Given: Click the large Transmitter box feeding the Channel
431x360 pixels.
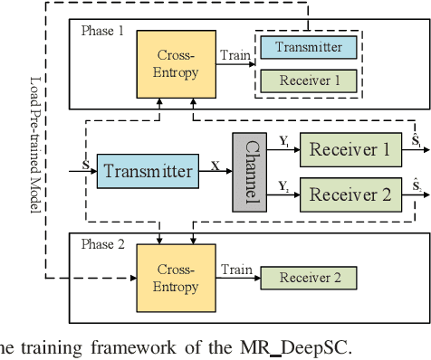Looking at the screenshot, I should (146, 170).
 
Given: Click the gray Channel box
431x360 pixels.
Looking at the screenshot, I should (250, 170).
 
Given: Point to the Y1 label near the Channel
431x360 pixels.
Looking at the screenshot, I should (283, 141).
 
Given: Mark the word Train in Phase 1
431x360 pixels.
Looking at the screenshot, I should (235, 55).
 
